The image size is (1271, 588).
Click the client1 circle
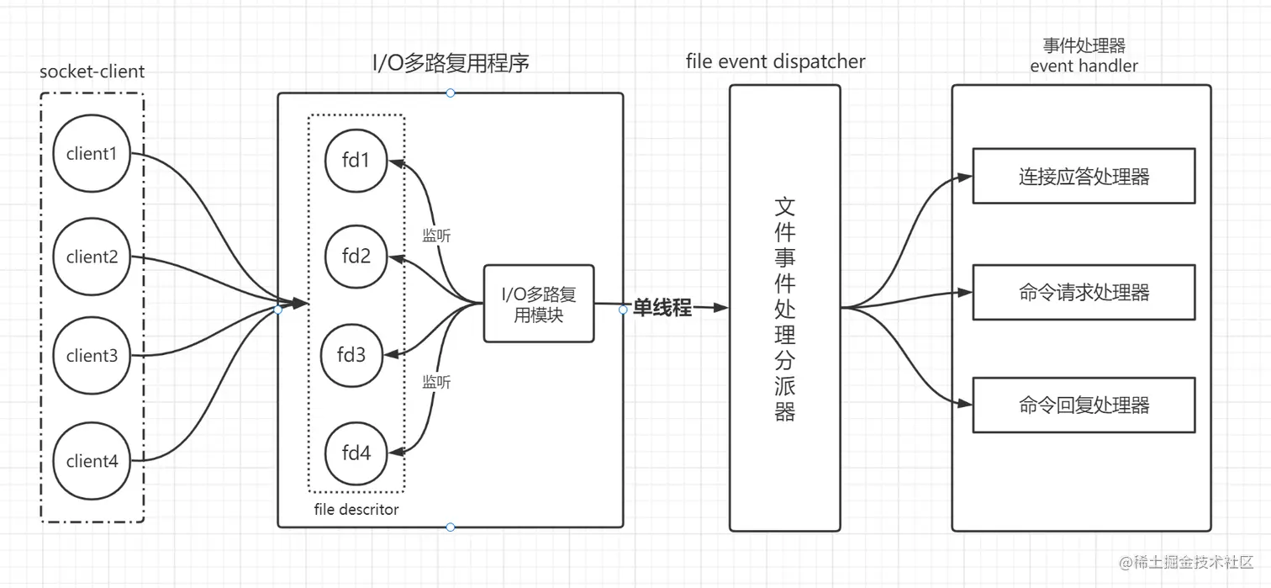click(92, 154)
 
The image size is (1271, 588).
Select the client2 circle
click(92, 257)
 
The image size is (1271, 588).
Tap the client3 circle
click(92, 355)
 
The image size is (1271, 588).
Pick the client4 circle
click(92, 461)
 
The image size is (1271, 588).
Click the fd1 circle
click(356, 160)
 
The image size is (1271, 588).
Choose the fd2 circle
click(356, 256)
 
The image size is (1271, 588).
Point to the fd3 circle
click(351, 354)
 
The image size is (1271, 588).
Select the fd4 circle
click(356, 453)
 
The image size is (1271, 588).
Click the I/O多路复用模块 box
click(539, 304)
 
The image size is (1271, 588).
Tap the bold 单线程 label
click(662, 308)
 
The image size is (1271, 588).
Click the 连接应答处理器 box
click(1084, 177)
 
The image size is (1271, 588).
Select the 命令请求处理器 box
click(1084, 292)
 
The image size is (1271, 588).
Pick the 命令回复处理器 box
click(1084, 405)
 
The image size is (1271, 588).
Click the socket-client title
click(92, 72)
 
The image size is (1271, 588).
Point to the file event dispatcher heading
click(775, 61)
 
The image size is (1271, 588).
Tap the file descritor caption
click(356, 509)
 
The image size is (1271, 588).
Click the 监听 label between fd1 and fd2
click(436, 236)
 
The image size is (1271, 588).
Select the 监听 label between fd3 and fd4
click(436, 382)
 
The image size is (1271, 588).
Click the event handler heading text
click(1084, 65)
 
